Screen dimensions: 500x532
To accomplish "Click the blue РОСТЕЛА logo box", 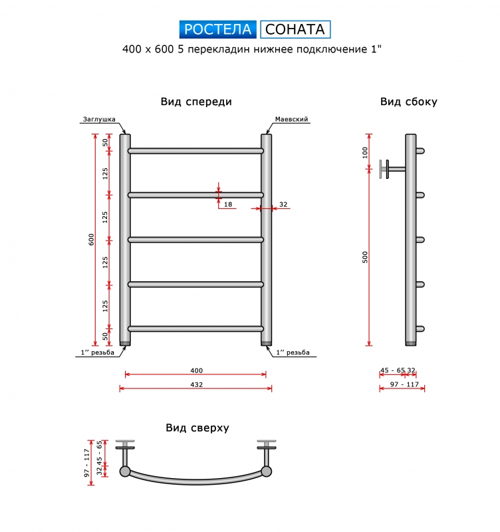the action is (218, 29).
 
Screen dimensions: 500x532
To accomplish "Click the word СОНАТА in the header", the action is (295, 29).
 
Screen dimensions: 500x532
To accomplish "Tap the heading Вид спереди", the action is (196, 102).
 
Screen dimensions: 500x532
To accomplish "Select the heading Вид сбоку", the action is (408, 102).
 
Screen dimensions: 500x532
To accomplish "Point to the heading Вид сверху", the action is (197, 428).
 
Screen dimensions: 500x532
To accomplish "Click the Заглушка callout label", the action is (99, 120).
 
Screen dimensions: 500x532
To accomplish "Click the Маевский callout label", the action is (291, 120).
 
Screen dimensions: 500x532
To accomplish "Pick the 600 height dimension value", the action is (91, 240).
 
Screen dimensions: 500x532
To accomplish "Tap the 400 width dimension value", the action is (196, 371).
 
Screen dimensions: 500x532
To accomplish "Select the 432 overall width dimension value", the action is (196, 385).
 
